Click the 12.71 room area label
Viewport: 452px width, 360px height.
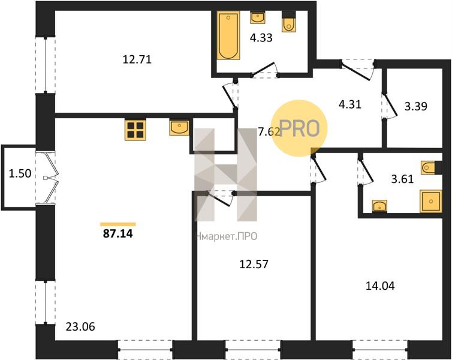[137, 60]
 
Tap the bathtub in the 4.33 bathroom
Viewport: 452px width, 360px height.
[228, 35]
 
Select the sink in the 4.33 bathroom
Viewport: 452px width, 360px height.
[258, 18]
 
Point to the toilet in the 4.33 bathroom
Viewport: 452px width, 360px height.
[288, 22]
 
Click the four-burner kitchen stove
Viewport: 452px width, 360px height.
[135, 130]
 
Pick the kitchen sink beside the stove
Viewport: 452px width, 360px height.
[179, 128]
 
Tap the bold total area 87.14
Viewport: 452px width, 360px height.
[118, 233]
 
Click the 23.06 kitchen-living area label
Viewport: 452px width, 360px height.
[80, 327]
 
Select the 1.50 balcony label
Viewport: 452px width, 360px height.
[20, 174]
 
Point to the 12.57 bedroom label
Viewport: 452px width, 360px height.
[254, 263]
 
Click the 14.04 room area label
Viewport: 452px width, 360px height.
[380, 286]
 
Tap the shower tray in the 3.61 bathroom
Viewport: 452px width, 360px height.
[430, 201]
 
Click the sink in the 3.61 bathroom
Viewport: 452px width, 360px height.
[379, 206]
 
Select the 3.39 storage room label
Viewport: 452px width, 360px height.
[415, 106]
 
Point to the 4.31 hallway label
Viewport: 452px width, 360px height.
[350, 104]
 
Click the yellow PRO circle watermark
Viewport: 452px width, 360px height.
[300, 128]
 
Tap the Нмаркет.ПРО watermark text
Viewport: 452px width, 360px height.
[226, 237]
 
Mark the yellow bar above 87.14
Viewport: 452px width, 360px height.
[118, 224]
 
